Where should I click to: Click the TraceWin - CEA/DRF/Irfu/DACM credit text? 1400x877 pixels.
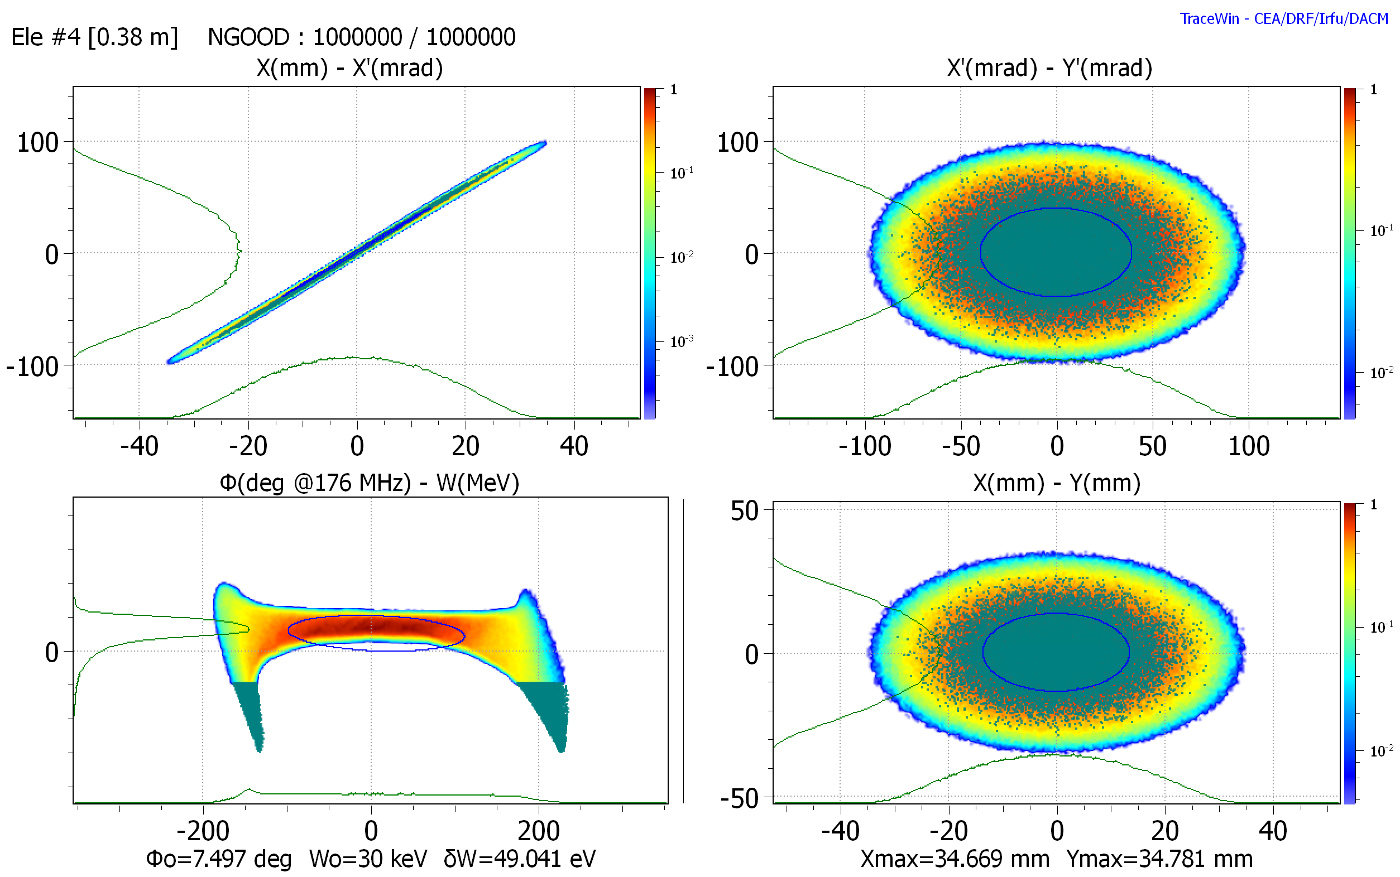click(1283, 18)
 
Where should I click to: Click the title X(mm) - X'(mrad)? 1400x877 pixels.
click(349, 69)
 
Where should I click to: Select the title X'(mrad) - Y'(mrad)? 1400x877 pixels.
click(1049, 69)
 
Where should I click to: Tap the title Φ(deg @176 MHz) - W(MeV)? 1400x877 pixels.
click(369, 483)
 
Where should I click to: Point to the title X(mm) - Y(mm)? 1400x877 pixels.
click(1057, 483)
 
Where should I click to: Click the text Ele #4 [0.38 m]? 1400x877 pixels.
click(94, 37)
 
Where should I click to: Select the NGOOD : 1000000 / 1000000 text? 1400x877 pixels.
click(362, 37)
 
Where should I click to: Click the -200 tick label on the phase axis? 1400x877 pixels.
click(203, 831)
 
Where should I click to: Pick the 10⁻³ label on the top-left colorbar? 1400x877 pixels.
click(681, 340)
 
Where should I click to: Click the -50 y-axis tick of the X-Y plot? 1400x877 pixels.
click(739, 799)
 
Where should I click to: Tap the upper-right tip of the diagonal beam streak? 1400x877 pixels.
click(545, 143)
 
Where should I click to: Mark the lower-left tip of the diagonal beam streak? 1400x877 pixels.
click(169, 362)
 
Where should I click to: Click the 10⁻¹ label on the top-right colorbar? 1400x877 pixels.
click(1382, 230)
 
